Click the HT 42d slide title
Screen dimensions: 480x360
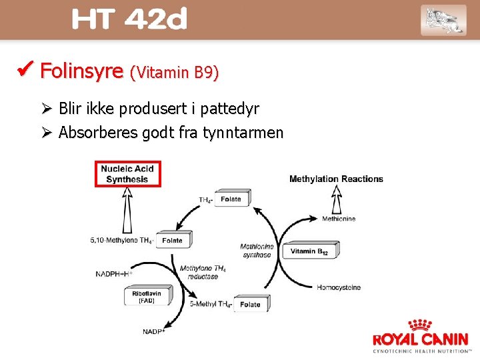coord(129,20)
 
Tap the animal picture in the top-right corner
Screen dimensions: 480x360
coord(443,20)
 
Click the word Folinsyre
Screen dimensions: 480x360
coord(82,71)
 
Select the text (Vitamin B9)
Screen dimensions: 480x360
coord(175,73)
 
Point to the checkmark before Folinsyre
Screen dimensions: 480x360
coord(27,69)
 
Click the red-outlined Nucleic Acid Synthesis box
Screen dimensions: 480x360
coord(127,174)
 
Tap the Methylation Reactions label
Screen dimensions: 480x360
coord(336,179)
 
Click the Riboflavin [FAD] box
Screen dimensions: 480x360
coord(147,296)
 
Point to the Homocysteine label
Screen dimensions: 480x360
coord(338,287)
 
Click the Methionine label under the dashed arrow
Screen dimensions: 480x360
coord(338,218)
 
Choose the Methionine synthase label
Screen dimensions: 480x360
coord(257,251)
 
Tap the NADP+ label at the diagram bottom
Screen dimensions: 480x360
coord(154,331)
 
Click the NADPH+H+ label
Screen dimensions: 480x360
coord(114,273)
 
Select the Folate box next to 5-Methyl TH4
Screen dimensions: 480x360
coord(251,305)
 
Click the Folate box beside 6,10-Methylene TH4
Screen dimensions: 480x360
coord(173,240)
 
